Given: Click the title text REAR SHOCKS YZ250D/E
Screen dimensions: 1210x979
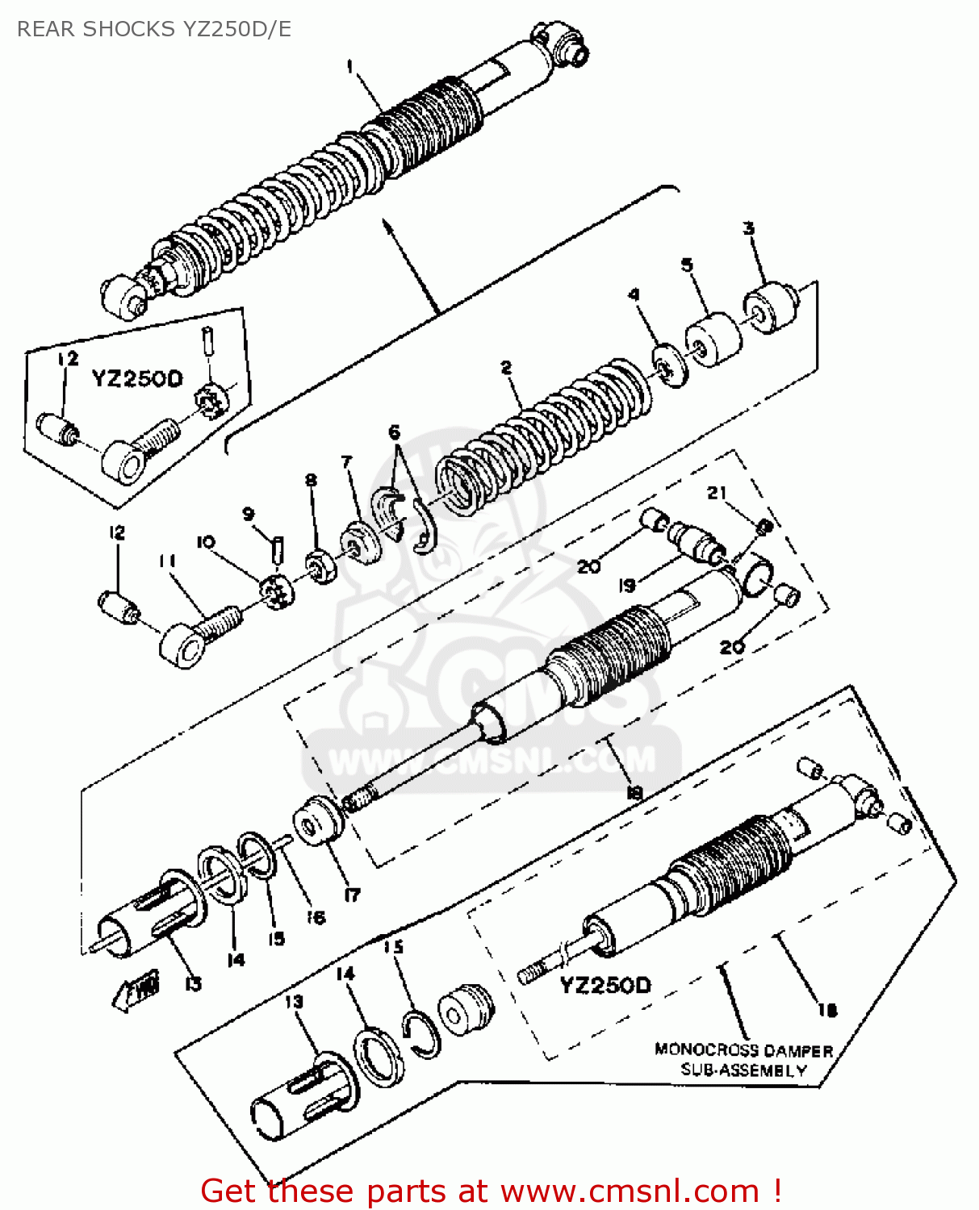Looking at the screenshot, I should tap(154, 29).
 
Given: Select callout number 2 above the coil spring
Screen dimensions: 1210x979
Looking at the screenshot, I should tap(506, 368).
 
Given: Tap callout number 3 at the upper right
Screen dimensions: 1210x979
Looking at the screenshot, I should tap(749, 228).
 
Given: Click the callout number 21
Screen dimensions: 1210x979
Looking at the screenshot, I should tap(717, 492).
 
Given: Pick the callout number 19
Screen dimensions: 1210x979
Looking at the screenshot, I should tap(627, 586).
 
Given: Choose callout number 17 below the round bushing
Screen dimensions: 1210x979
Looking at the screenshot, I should tap(353, 894).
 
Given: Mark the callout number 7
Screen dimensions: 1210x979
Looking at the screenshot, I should tap(347, 462).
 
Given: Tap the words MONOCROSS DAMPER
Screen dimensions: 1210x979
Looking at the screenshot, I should tap(743, 1050).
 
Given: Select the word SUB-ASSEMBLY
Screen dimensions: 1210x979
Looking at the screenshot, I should tap(743, 1070).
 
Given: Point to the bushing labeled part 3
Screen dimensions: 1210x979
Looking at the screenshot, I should tap(771, 307).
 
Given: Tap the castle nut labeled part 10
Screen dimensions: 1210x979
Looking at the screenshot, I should tap(278, 593).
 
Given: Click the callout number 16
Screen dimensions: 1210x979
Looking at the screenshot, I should tap(316, 917).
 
